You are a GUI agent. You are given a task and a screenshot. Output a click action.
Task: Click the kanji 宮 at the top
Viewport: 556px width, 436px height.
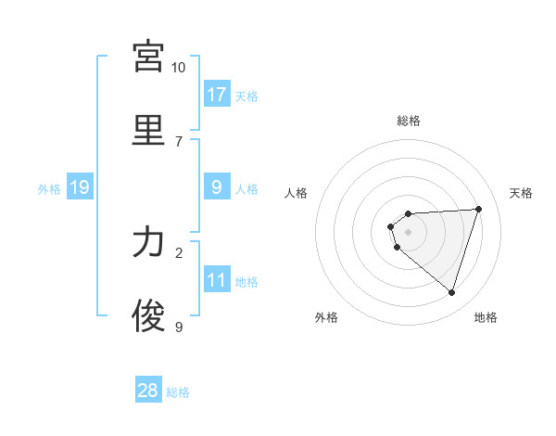[148, 57]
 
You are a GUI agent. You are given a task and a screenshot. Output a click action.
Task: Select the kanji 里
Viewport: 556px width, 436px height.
[148, 130]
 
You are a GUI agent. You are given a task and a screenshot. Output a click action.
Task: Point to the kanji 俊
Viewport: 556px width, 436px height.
[148, 315]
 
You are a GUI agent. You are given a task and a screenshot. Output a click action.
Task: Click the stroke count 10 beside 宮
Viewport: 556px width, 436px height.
[179, 67]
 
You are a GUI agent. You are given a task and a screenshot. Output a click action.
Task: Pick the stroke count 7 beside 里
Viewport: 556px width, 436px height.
[179, 141]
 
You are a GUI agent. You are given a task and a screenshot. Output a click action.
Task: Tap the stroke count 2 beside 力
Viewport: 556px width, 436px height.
[179, 252]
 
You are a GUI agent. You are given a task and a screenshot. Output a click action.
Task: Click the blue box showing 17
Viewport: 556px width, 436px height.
[217, 94]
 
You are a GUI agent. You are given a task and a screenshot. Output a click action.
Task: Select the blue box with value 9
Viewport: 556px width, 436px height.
[217, 187]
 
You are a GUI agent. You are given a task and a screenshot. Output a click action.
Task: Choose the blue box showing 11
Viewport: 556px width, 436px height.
[217, 280]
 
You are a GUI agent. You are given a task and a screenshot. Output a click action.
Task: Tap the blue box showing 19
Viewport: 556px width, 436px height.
[79, 187]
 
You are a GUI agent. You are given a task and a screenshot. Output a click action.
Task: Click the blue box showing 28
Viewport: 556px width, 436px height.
[148, 391]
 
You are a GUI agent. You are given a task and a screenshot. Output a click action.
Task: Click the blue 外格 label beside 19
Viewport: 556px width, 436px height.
[49, 188]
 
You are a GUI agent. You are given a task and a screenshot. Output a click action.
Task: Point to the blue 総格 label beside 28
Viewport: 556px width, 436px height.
[178, 392]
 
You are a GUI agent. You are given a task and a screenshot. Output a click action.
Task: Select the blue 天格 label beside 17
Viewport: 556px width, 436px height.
[246, 96]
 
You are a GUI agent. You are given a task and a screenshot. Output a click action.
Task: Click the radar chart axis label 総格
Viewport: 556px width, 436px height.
[408, 121]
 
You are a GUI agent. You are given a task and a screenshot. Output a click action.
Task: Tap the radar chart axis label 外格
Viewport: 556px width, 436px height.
[326, 317]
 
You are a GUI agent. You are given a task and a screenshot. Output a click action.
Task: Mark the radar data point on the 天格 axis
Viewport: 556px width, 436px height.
[478, 209]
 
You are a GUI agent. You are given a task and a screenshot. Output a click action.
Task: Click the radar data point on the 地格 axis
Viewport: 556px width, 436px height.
[451, 292]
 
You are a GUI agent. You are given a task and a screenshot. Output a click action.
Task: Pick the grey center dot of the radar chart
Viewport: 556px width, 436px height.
[408, 232]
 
